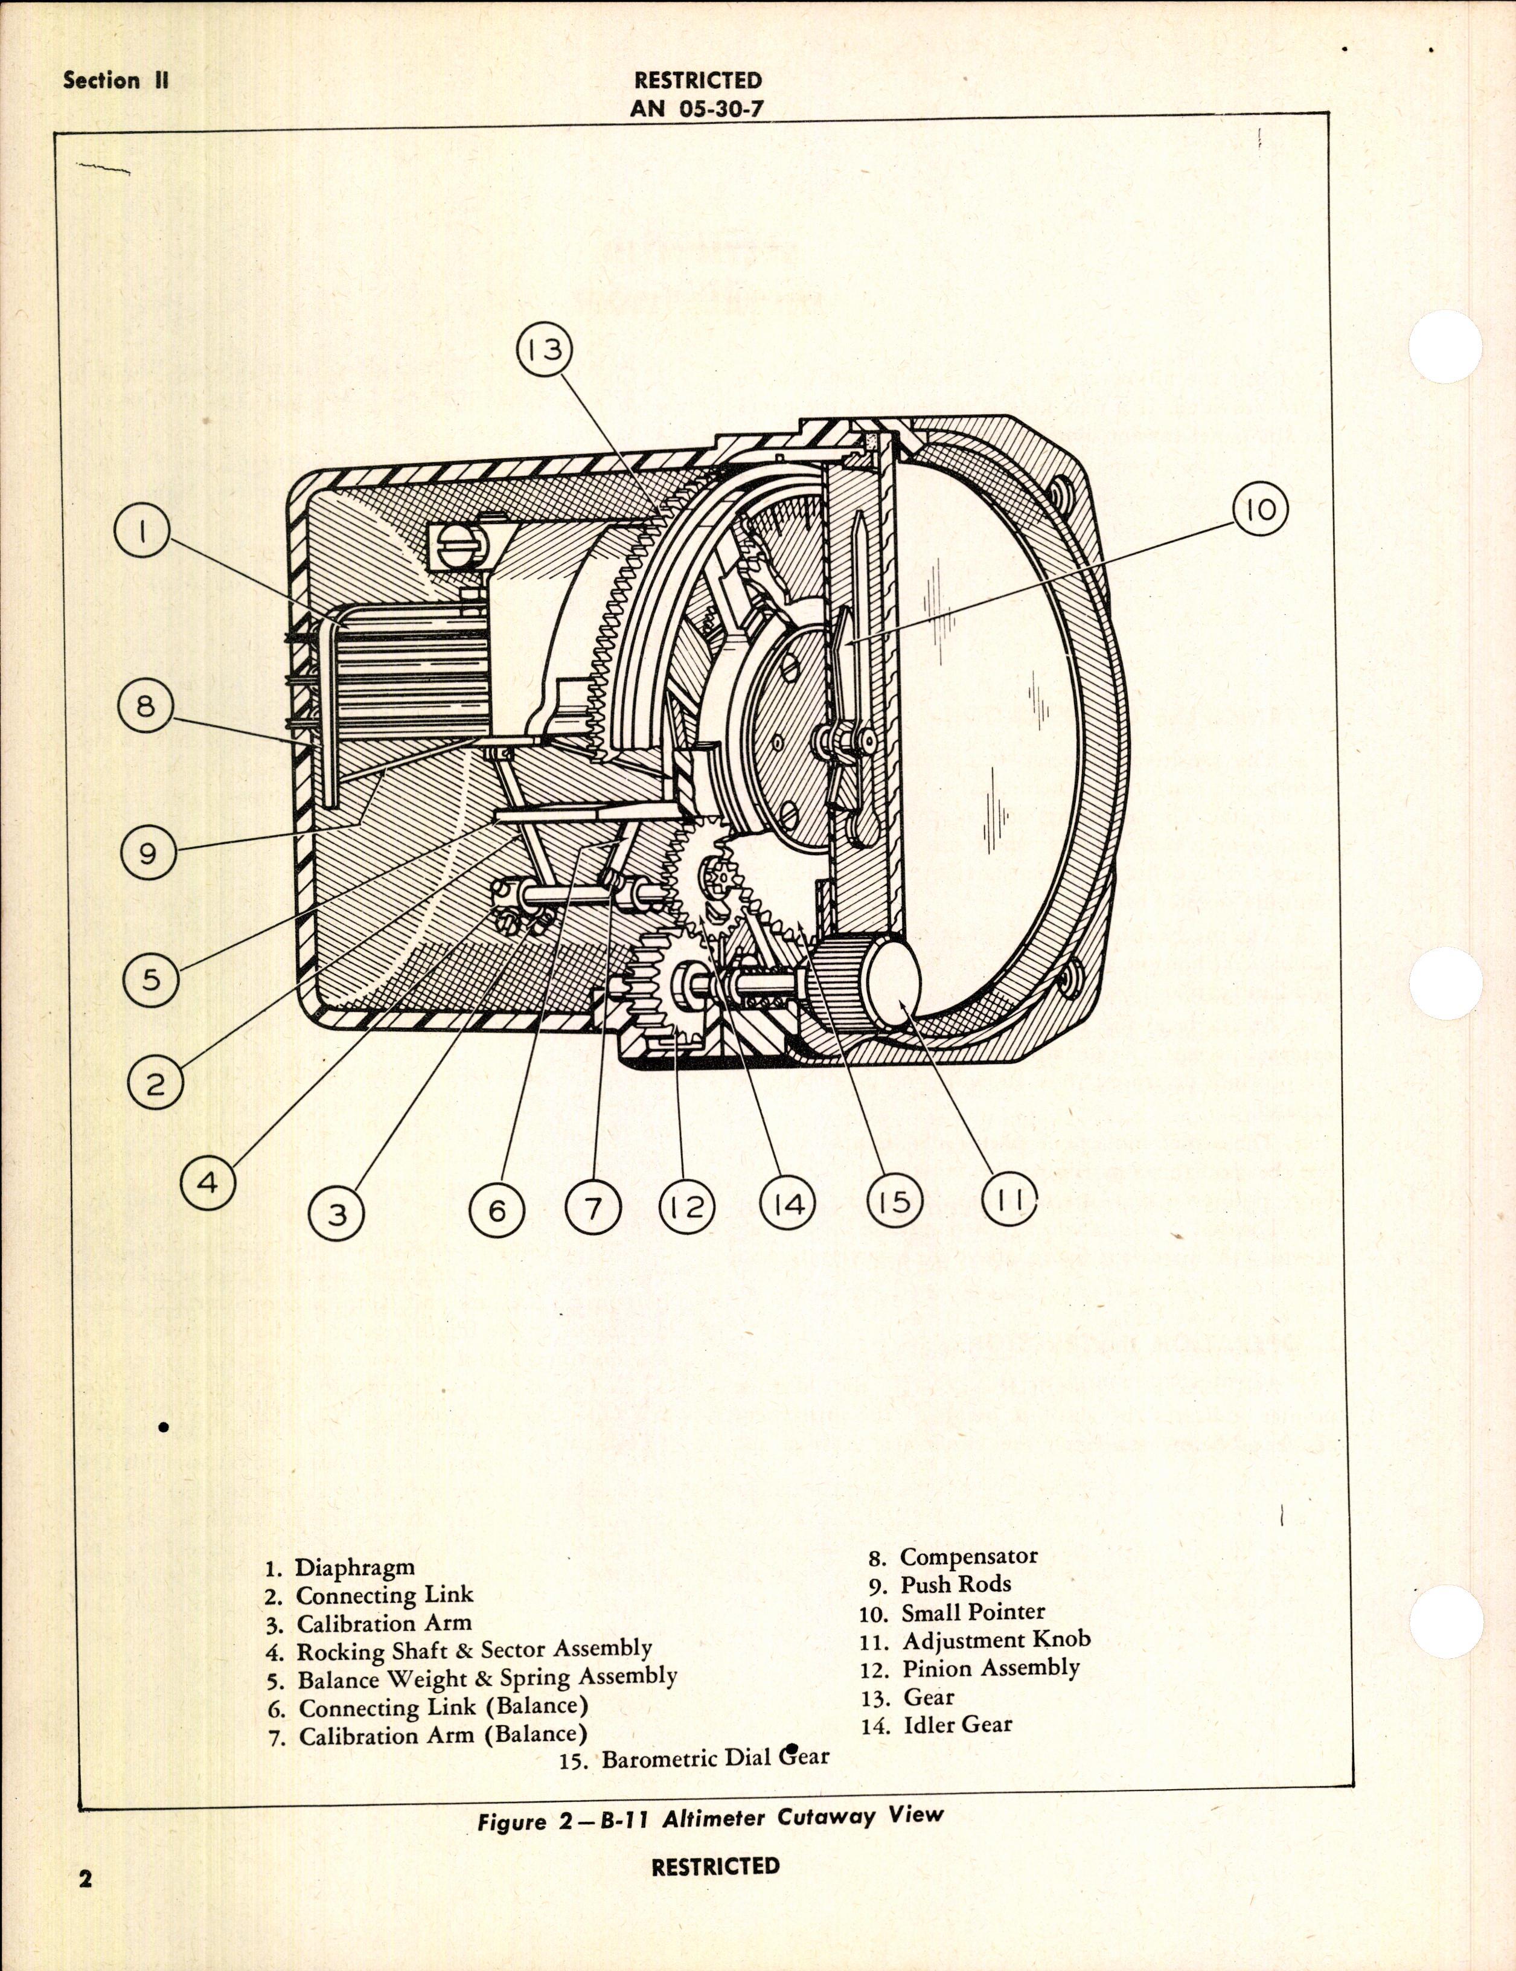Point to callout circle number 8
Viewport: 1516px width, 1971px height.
pyautogui.click(x=146, y=706)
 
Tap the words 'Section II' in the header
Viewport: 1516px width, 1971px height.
pyautogui.click(x=115, y=80)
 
